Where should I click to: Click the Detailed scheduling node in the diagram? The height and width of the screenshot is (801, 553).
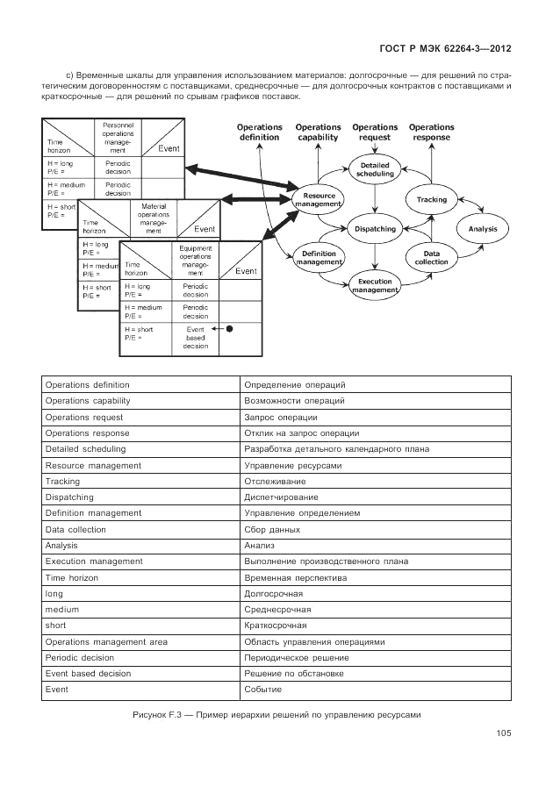point(375,170)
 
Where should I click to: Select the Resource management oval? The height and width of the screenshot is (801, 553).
point(320,200)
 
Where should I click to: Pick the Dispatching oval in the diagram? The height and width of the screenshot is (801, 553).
point(375,229)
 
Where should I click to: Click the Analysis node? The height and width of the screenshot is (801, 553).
point(483,229)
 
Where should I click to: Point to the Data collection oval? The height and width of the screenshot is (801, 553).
point(431,257)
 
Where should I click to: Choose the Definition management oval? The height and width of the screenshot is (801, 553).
point(319,257)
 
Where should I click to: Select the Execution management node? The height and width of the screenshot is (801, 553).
point(375,286)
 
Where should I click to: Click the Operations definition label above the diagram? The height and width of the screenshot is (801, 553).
point(259,132)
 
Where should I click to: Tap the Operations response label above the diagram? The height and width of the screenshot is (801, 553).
point(432,132)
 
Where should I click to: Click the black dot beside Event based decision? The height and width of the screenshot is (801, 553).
point(229,330)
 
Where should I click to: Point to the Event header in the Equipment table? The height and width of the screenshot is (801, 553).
point(246,271)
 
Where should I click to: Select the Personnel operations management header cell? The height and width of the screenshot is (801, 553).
point(117,138)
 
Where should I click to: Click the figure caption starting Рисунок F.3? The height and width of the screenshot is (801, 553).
point(276,714)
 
